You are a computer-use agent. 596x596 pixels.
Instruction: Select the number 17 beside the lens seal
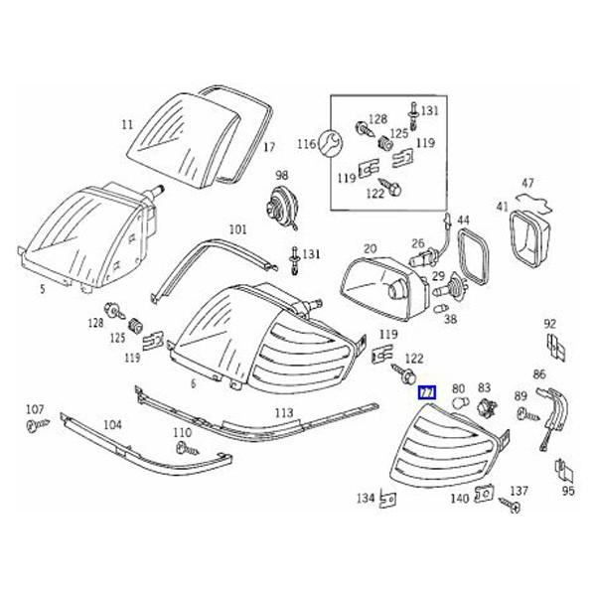(x=268, y=148)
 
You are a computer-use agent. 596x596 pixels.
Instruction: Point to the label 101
(x=237, y=229)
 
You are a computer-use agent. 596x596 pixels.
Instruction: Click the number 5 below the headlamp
(x=42, y=291)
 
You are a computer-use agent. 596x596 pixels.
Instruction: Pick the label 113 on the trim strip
(x=284, y=411)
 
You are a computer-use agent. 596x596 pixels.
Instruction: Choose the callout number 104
(x=113, y=424)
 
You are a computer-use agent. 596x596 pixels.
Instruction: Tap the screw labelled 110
(x=183, y=449)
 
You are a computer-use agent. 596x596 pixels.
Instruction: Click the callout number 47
(x=527, y=184)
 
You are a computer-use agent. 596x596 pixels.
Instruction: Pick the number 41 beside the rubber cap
(x=503, y=208)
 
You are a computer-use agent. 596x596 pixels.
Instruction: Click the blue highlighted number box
(x=427, y=391)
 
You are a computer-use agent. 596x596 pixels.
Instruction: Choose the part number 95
(x=568, y=490)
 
